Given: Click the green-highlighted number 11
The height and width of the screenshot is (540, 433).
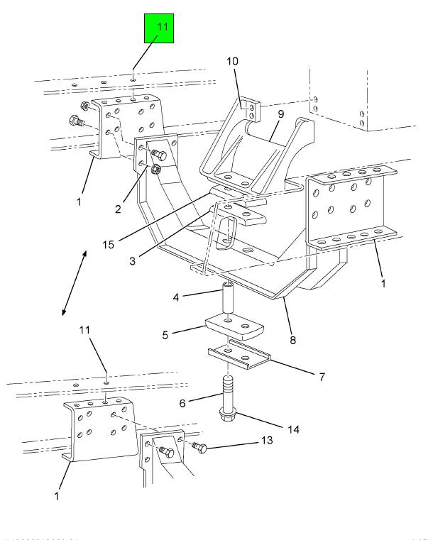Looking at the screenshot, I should pos(163,27).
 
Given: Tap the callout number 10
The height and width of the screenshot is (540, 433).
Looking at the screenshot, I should pos(232,62).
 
